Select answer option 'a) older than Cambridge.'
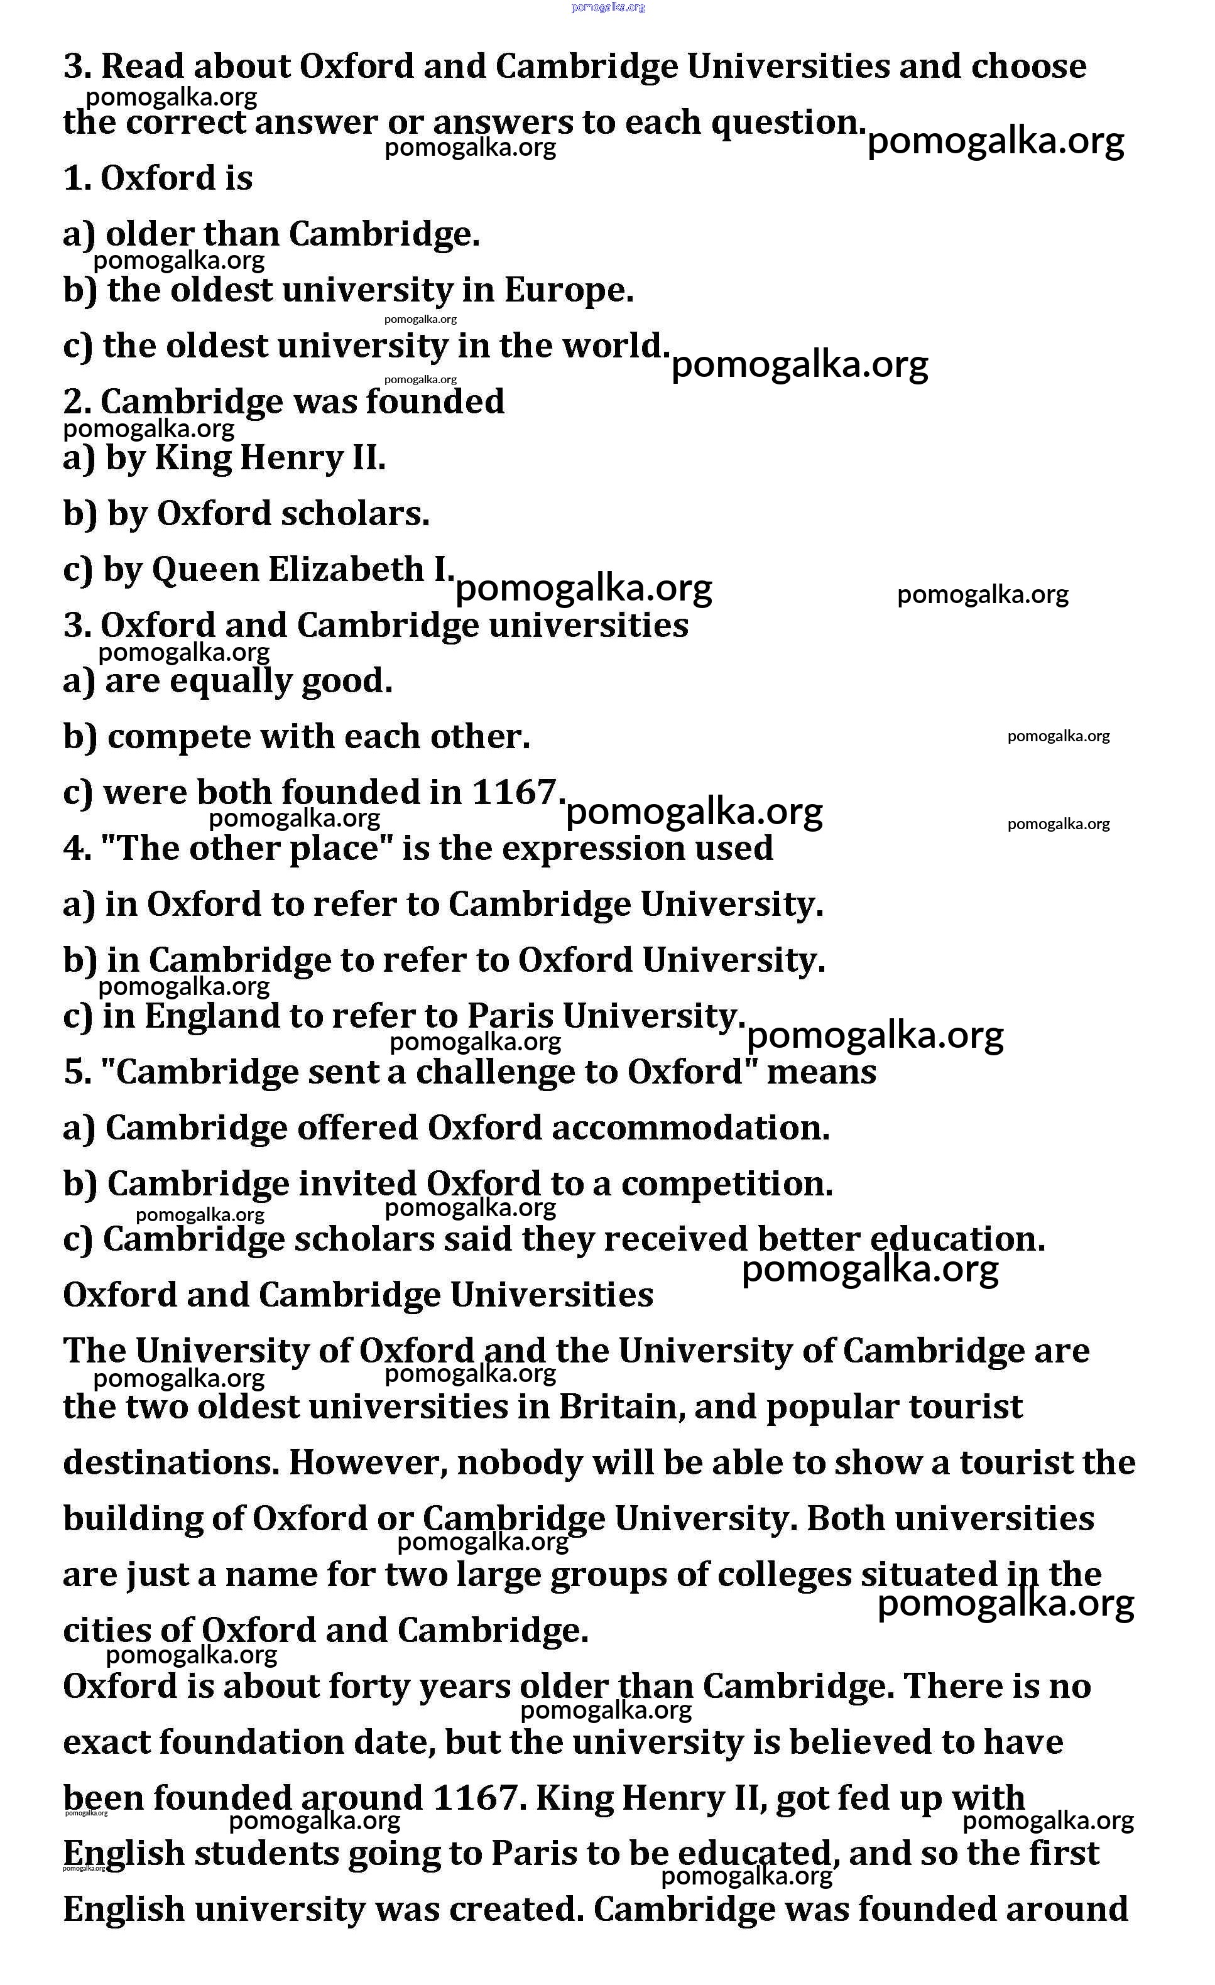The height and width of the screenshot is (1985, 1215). point(271,234)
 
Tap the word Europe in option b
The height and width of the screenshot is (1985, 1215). point(568,290)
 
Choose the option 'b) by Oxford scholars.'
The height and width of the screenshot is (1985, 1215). point(246,514)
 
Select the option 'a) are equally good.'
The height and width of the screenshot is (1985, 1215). point(228,681)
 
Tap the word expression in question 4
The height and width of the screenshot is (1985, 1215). point(578,848)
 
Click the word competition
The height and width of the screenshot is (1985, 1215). point(727,1183)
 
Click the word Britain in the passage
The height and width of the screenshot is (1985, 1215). point(621,1407)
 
